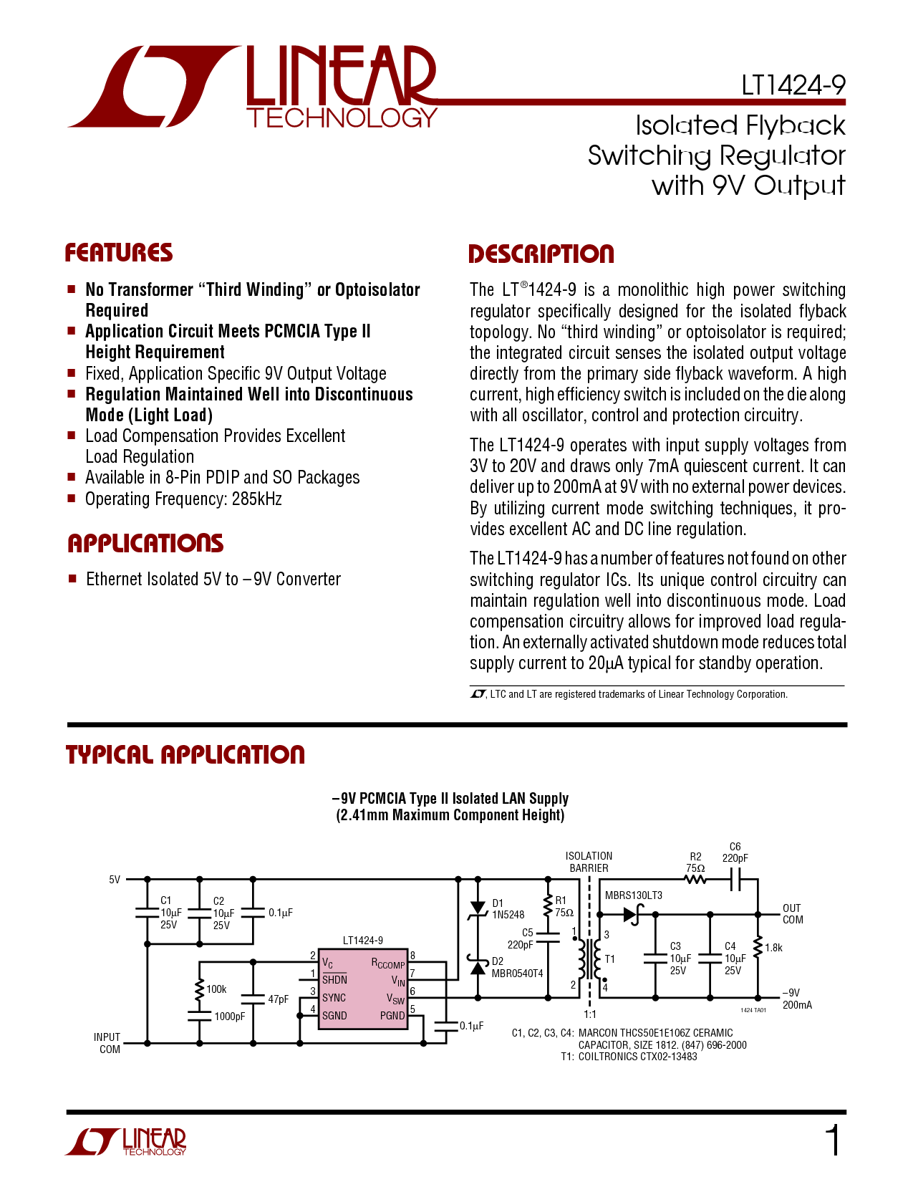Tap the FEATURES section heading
click(x=119, y=253)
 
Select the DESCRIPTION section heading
click(x=541, y=254)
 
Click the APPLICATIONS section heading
click(x=145, y=544)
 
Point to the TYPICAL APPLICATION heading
click(x=185, y=754)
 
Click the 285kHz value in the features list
click(x=256, y=499)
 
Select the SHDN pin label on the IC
click(x=334, y=980)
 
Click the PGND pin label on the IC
click(x=392, y=1016)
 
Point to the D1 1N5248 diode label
click(x=508, y=909)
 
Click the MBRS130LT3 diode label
click(x=634, y=895)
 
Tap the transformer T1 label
click(x=609, y=959)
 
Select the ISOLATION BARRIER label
click(x=589, y=862)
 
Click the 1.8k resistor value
click(x=773, y=948)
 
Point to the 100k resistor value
click(x=216, y=989)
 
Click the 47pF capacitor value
click(x=278, y=999)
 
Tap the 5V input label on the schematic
click(x=115, y=880)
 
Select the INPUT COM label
click(x=107, y=1043)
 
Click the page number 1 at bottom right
click(x=834, y=1140)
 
